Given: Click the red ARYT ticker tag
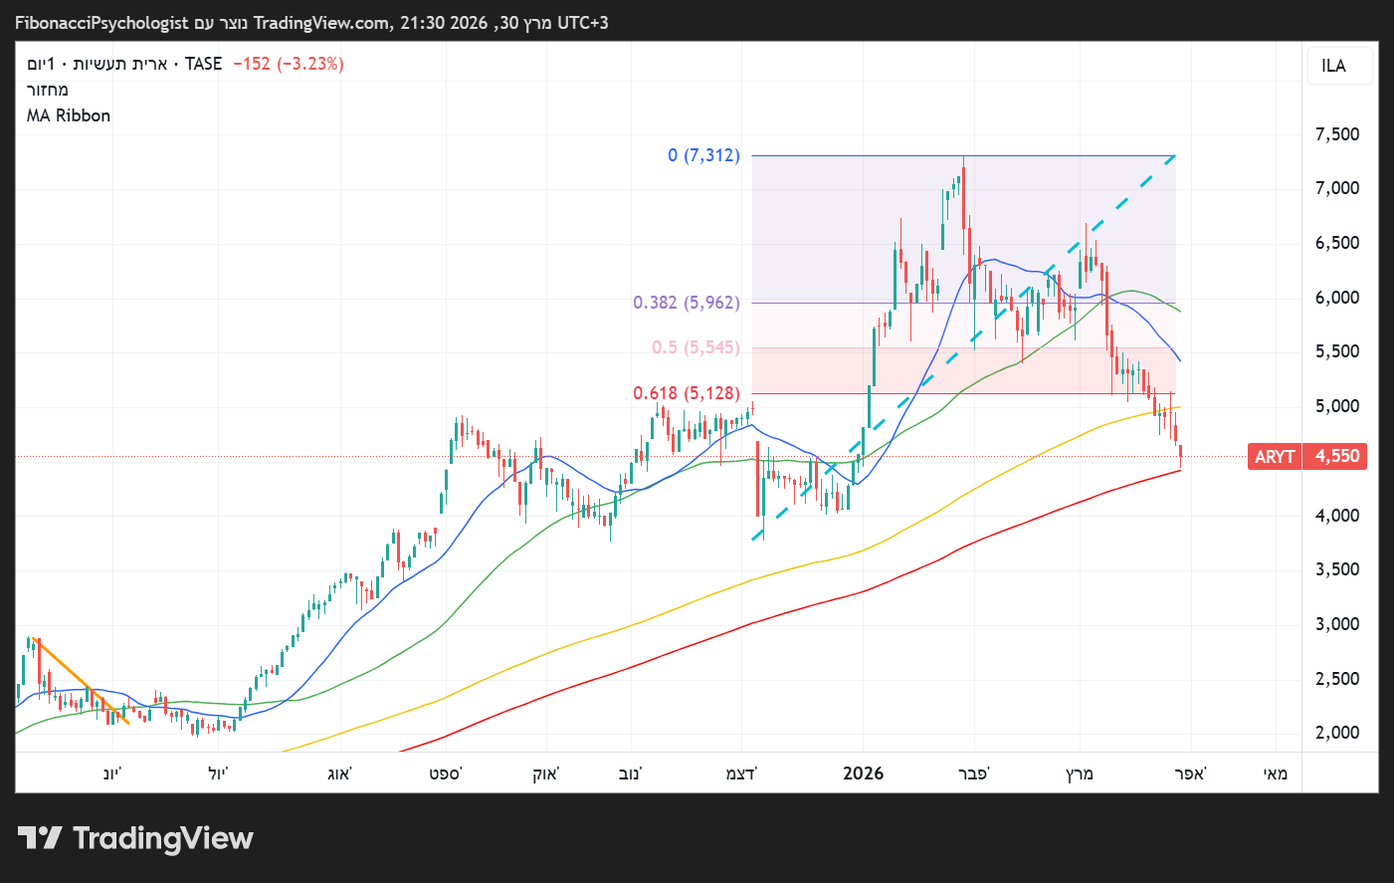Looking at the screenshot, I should click(x=1274, y=457).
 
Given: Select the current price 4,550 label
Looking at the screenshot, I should click(x=1337, y=457).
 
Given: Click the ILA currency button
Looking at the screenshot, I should click(x=1333, y=66).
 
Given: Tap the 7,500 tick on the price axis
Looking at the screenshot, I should click(x=1337, y=134).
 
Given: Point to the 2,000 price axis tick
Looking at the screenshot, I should click(x=1337, y=733).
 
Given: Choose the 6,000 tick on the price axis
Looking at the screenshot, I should click(x=1337, y=298).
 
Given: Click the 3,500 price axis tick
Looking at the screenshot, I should click(x=1337, y=569).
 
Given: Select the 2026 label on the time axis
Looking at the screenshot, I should click(x=863, y=773).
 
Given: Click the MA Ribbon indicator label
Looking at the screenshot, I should click(x=69, y=115).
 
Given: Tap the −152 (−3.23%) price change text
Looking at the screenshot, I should click(x=289, y=64).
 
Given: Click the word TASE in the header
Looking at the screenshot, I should click(x=203, y=64).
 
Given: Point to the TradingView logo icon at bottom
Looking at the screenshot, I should click(x=40, y=838).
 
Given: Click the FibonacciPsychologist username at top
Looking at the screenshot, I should click(x=101, y=23).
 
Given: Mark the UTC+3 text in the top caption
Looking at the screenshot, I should click(x=582, y=23).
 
